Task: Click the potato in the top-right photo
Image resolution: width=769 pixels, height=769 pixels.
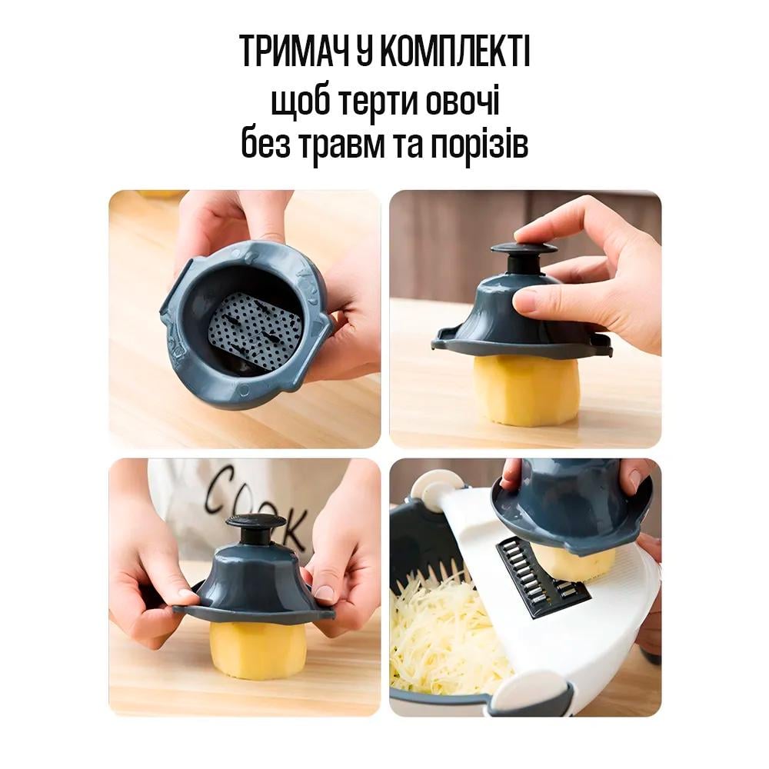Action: click(x=526, y=390)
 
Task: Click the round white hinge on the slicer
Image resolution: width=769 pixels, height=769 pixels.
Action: click(x=431, y=489)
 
